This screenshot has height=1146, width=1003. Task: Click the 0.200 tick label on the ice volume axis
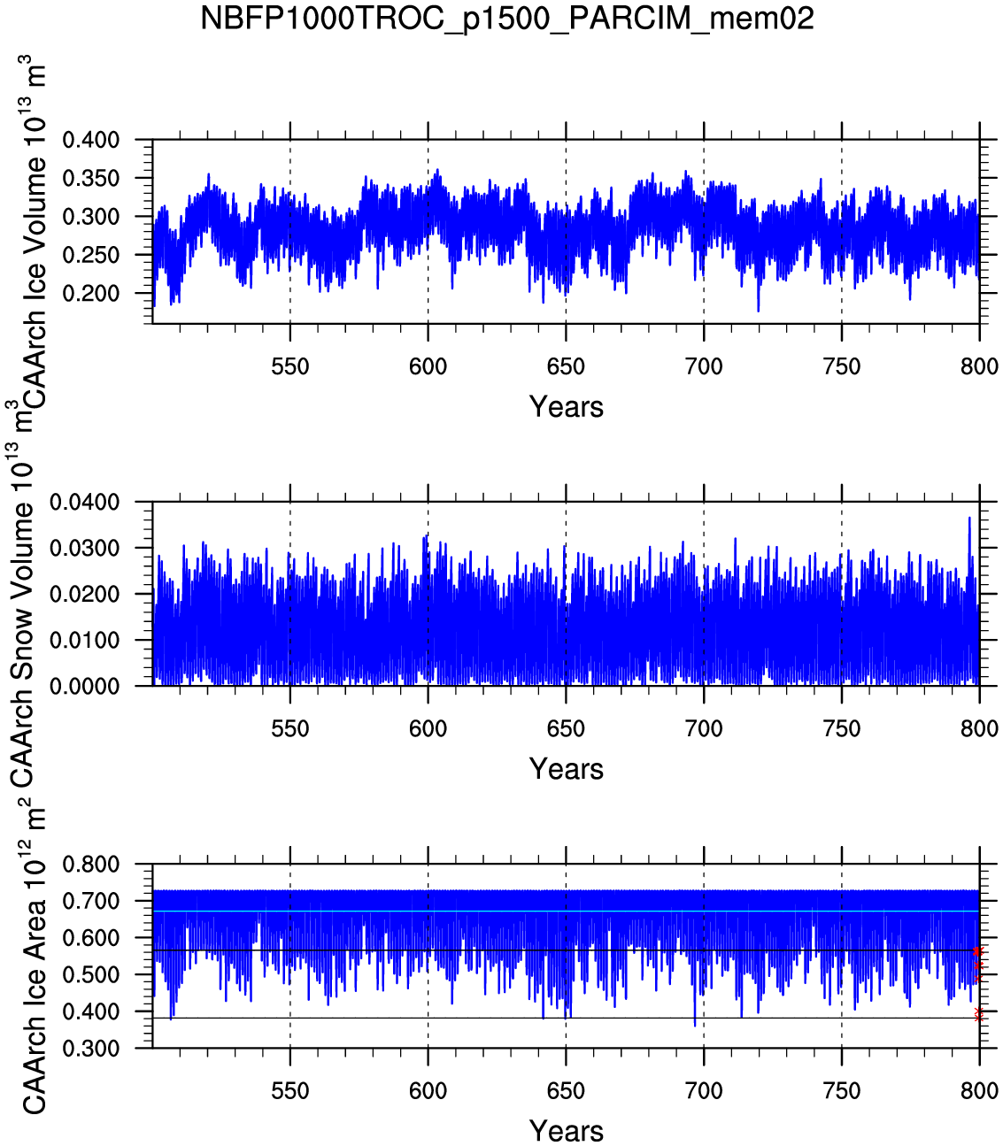[90, 294]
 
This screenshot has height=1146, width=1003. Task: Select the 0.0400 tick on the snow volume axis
[84, 503]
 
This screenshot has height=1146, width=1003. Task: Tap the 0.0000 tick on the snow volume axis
[84, 687]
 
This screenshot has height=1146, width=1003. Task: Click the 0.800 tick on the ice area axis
[90, 865]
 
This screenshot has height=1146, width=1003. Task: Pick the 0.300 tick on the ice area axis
[90, 1049]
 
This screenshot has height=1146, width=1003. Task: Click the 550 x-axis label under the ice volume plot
[290, 366]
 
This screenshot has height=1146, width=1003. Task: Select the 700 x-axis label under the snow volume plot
[704, 729]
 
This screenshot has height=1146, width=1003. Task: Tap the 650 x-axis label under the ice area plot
[566, 1091]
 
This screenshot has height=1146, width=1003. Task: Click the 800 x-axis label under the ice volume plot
[979, 366]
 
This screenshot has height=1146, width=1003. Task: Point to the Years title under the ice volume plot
[566, 407]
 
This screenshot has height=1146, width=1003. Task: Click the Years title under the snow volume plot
[566, 769]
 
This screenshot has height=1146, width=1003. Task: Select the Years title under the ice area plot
[566, 1131]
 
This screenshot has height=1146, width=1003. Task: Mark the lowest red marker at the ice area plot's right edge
[978, 1016]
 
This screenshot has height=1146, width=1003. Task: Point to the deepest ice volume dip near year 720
[758, 309]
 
